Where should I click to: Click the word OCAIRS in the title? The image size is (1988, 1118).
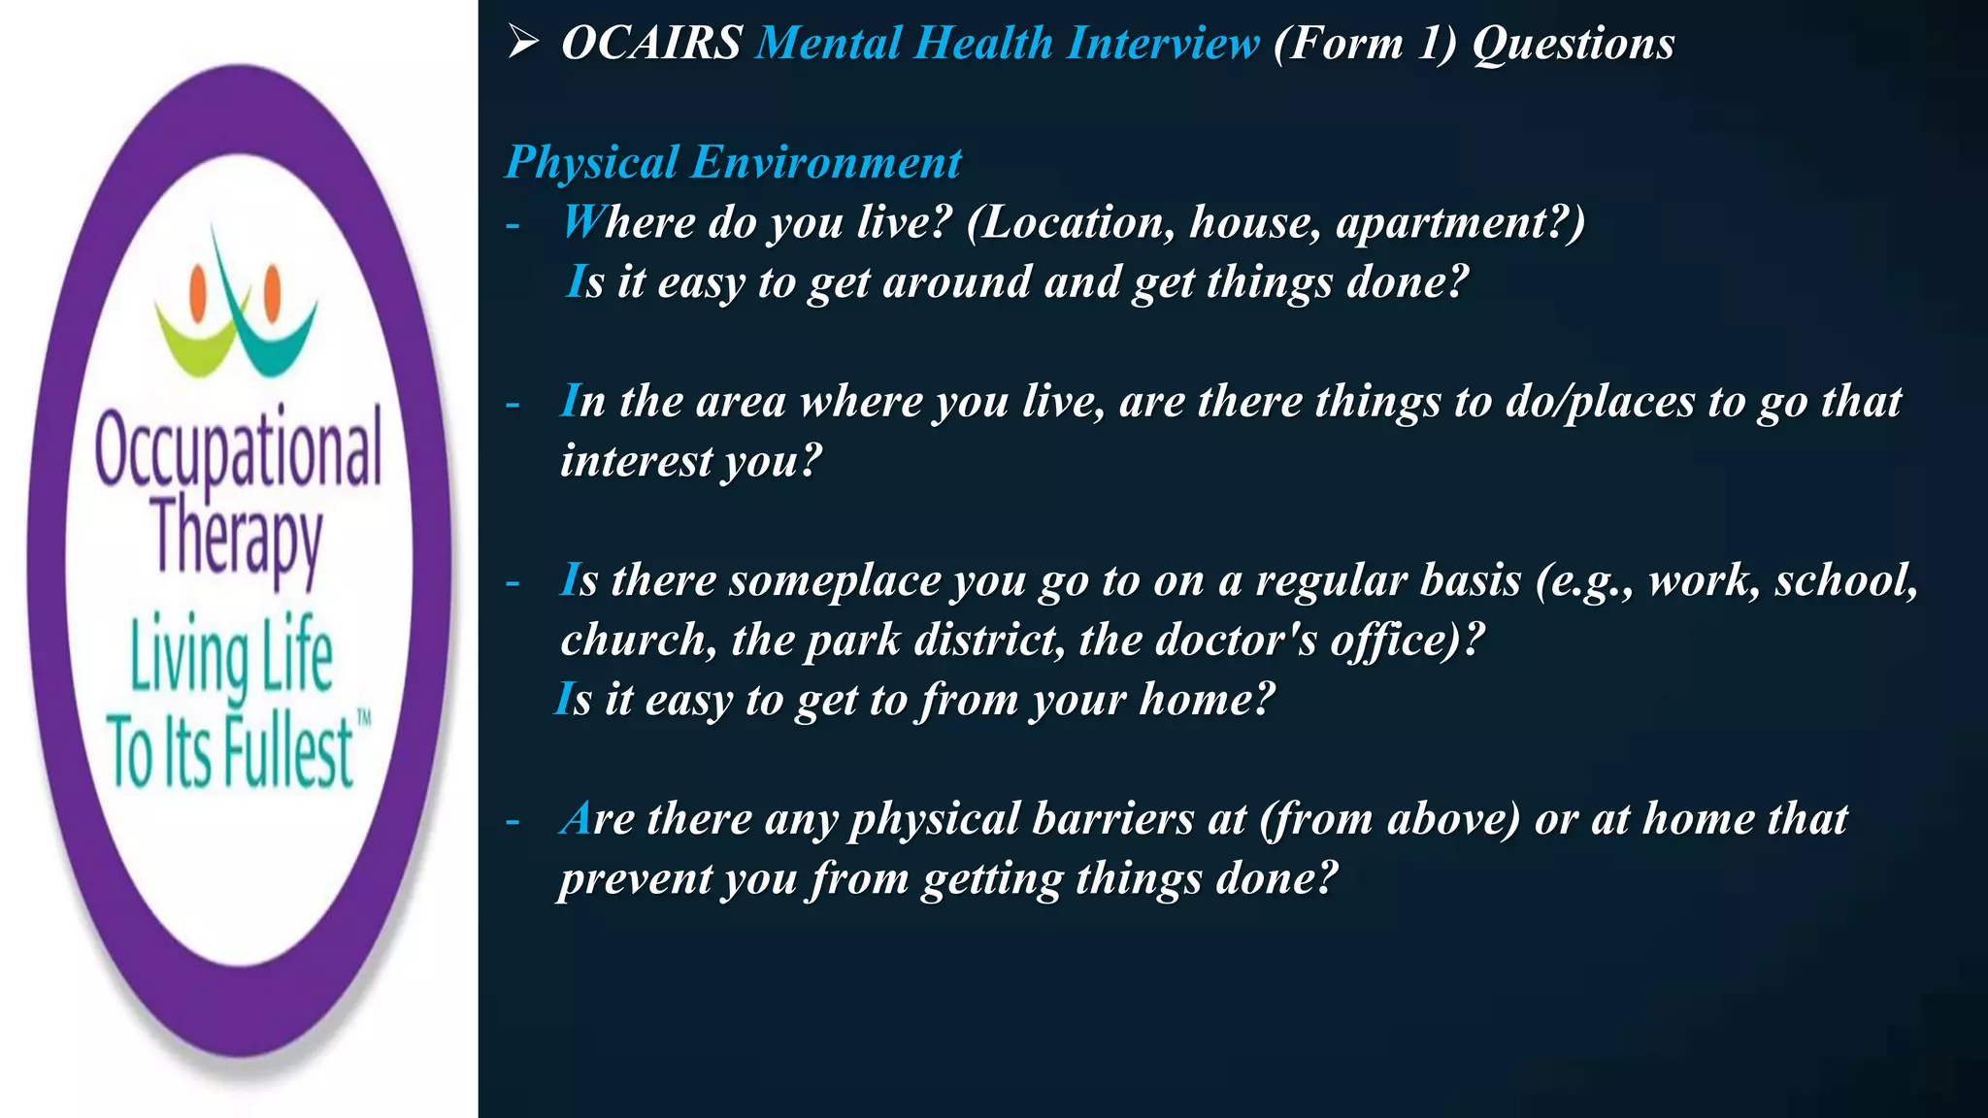(x=651, y=44)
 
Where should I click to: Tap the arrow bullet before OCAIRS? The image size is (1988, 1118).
(x=523, y=42)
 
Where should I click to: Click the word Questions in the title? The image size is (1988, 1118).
(x=1574, y=44)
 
